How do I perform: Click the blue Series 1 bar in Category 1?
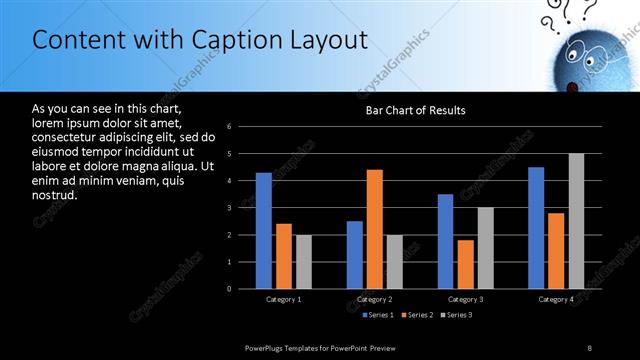coord(263,231)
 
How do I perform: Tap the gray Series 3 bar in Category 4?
coord(576,221)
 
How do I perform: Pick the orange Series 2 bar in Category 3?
coord(465,264)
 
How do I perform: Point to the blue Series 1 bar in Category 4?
coord(536,228)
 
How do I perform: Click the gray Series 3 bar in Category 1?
coord(303,262)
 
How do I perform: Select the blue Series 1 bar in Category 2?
coord(355,255)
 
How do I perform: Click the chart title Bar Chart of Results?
coord(415,110)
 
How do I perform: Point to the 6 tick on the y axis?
coord(229,127)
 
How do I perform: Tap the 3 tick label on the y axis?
coord(229,208)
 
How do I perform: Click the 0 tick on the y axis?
coord(229,289)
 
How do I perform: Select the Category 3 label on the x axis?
coord(464,299)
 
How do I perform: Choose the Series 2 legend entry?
coord(416,315)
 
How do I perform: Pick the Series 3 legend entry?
coord(456,315)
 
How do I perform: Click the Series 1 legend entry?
coord(376,315)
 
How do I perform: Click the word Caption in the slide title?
coord(238,40)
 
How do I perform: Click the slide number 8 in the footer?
coord(589,347)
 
